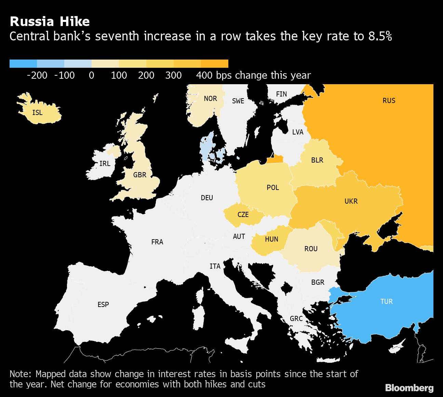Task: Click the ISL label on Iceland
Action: coord(37,112)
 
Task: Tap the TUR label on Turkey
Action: coord(387,302)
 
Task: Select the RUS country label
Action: coord(389,101)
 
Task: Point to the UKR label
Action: coord(351,201)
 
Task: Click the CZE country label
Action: coord(243,215)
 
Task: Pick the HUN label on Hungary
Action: coord(271,239)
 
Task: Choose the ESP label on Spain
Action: coord(103,305)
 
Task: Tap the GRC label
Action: coord(296,319)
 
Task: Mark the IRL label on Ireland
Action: coord(105,164)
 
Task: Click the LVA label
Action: coord(298,132)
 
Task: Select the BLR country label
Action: coord(317,160)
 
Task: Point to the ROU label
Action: coord(311,249)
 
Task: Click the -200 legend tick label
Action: coord(37,75)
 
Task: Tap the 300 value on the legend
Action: coord(173,75)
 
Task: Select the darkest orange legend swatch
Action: coord(214,64)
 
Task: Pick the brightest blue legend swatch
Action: coord(23,64)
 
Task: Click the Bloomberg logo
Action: coord(409,388)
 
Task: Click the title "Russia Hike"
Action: coord(50,22)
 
